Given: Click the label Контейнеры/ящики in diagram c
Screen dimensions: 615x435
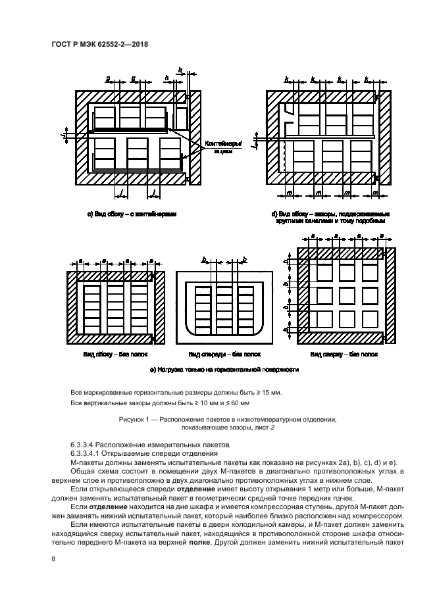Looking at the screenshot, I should [223, 146].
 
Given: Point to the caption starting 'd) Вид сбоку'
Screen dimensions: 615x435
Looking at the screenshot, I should [330, 217].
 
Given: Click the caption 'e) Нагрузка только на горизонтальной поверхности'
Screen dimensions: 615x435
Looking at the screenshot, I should [224, 370].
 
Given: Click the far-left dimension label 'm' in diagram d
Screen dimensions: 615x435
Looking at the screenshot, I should [288, 192].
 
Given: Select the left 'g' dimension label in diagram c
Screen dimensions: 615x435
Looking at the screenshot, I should [108, 78].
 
